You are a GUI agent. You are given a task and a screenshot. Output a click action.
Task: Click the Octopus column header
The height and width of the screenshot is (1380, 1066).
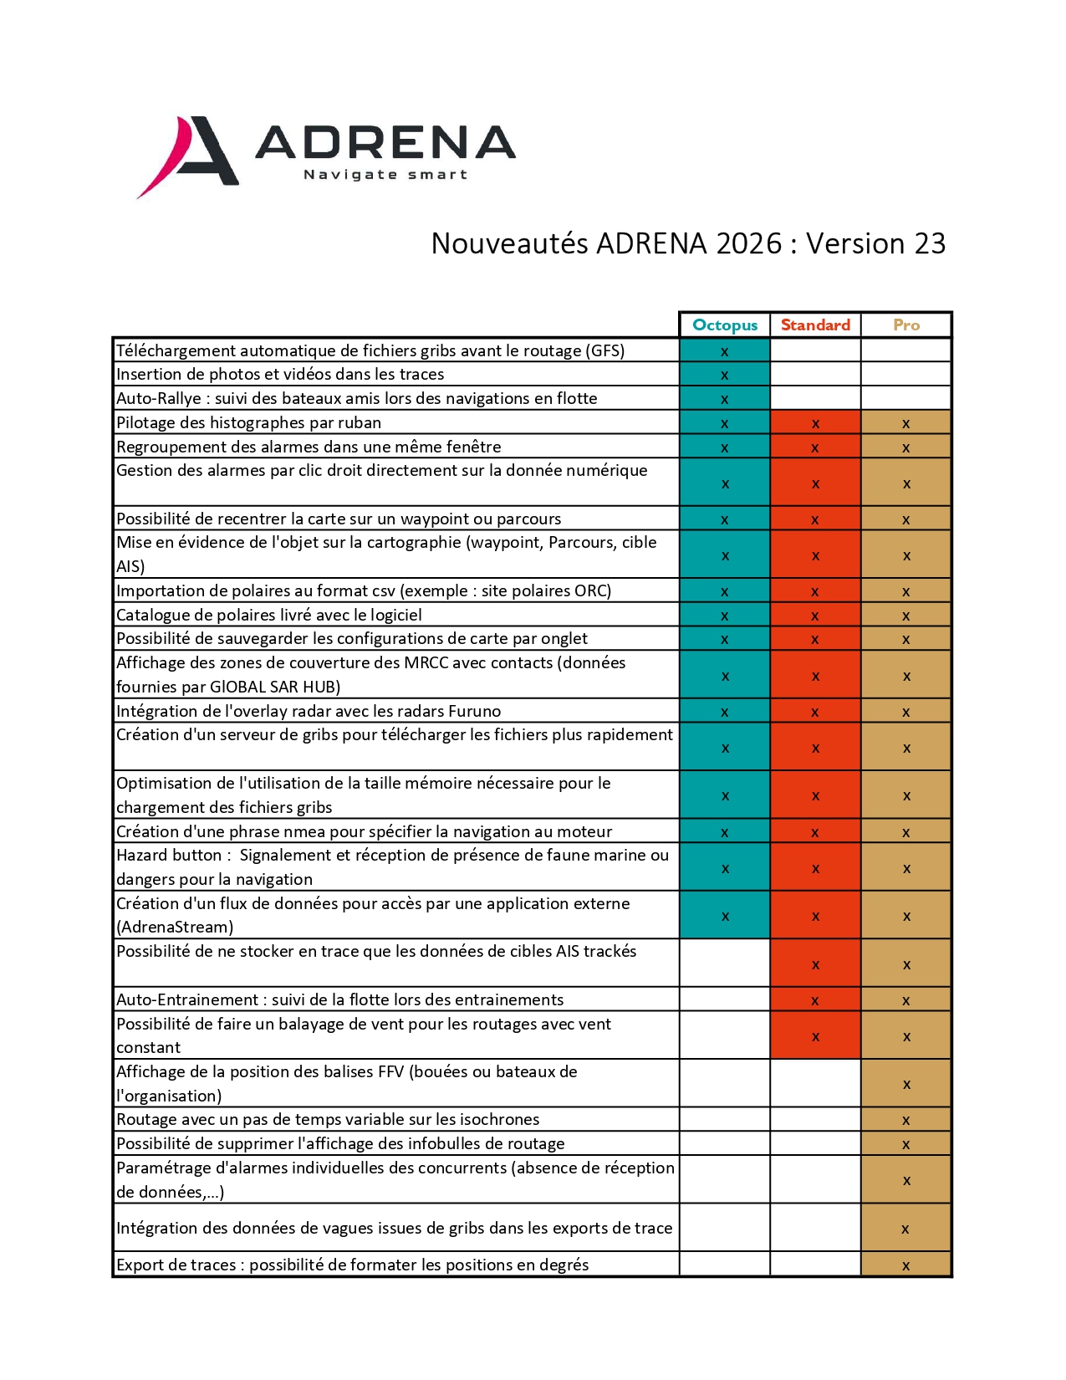tap(725, 325)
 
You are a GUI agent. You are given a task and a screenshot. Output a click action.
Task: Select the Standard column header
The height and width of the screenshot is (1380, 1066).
tap(815, 325)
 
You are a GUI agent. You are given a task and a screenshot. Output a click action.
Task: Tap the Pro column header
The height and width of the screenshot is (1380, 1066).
tap(906, 325)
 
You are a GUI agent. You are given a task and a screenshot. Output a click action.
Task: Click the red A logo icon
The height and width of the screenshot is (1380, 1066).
tap(188, 155)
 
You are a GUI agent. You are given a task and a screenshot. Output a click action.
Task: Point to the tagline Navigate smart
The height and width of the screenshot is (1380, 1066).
tap(385, 175)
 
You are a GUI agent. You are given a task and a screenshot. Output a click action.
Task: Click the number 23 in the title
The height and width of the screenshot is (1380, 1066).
tap(930, 243)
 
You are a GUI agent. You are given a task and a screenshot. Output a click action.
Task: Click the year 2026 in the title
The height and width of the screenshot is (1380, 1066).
tap(749, 243)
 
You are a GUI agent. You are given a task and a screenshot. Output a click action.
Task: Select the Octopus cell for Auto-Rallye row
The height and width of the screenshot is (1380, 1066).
tap(725, 399)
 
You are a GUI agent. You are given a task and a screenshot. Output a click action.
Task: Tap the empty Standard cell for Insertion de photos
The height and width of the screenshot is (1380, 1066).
tap(815, 374)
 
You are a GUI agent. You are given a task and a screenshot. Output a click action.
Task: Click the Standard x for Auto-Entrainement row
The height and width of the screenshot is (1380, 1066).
tap(815, 1000)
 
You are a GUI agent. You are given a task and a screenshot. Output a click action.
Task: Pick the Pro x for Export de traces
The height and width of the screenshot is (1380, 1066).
tap(906, 1265)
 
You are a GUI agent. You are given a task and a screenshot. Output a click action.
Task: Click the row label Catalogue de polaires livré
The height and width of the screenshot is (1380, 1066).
tap(269, 615)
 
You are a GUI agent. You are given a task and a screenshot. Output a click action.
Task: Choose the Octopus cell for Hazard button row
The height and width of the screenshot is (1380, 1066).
tap(725, 868)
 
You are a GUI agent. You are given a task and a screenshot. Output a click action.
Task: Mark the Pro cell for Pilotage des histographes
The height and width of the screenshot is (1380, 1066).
tap(906, 423)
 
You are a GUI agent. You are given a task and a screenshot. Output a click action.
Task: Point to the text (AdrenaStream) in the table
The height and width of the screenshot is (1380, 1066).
tap(175, 927)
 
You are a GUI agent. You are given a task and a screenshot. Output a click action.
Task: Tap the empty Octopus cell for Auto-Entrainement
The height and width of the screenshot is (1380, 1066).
tap(725, 999)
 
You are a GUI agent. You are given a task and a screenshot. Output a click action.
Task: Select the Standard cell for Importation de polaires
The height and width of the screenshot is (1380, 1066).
tap(815, 591)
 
